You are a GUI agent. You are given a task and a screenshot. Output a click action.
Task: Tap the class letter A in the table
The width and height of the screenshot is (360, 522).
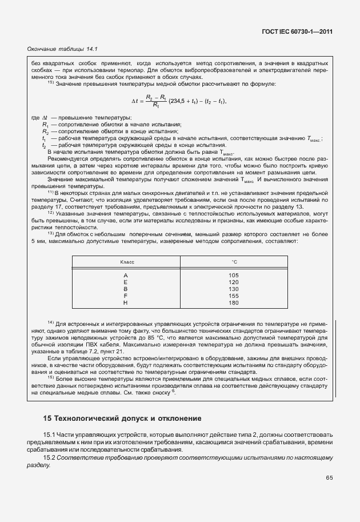[126, 275]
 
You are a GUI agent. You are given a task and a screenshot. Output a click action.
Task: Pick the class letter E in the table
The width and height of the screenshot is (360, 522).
[126, 282]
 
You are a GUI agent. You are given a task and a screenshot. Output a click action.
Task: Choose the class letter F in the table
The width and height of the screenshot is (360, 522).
[126, 296]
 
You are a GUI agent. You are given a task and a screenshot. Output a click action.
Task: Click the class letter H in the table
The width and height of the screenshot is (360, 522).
[126, 302]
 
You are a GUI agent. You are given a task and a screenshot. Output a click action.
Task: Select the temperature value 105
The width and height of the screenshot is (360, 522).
[234, 275]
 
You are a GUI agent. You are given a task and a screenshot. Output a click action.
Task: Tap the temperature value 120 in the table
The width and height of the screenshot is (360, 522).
[234, 282]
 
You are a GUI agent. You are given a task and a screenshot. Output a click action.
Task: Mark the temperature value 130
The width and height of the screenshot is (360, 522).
[234, 289]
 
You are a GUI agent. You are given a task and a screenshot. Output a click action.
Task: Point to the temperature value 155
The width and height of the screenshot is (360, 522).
[234, 296]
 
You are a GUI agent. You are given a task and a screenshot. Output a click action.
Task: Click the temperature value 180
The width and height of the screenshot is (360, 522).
[234, 302]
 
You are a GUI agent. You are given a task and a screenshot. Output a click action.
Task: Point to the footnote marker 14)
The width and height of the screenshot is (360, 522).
[50, 324]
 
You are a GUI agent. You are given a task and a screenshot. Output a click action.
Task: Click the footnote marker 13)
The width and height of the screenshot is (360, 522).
[50, 234]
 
